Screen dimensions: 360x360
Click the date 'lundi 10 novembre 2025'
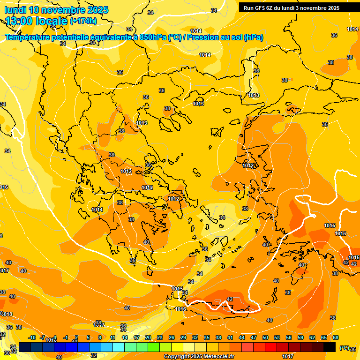(x=56, y=10)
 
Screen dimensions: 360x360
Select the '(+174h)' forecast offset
(x=83, y=21)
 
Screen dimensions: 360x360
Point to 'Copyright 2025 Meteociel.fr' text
(x=199, y=357)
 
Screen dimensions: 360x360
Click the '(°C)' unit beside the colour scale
(x=345, y=348)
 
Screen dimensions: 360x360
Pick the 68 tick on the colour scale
(x=336, y=337)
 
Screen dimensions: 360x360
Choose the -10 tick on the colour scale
(x=32, y=337)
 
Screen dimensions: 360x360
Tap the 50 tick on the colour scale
(x=265, y=337)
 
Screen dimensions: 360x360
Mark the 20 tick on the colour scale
(x=148, y=337)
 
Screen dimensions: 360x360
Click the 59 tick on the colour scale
(x=300, y=337)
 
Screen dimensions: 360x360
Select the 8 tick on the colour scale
(x=100, y=337)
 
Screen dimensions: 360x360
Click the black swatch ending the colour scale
(x=330, y=346)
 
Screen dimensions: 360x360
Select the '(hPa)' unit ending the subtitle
(x=254, y=37)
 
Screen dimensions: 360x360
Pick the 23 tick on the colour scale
(x=160, y=337)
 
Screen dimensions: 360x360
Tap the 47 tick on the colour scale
(x=254, y=337)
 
